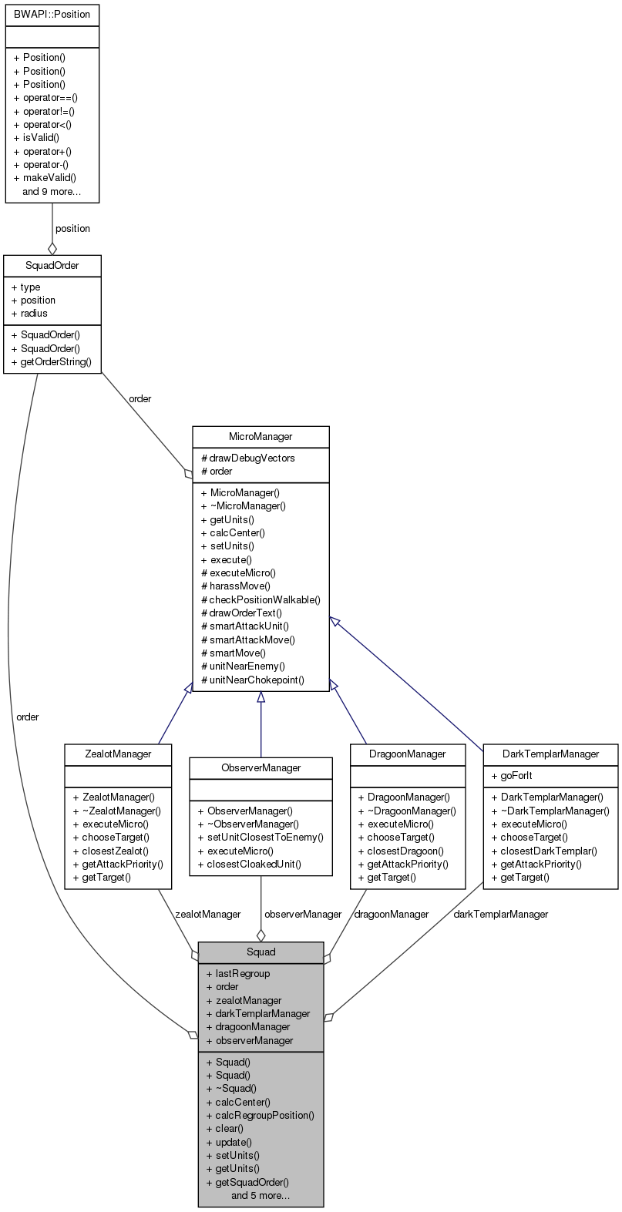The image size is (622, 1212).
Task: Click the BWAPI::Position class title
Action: (52, 14)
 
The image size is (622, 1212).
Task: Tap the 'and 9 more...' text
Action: (52, 191)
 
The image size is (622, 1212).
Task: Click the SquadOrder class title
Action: (52, 266)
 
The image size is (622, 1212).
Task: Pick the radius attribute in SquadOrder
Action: (34, 314)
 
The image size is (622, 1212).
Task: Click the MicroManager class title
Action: (261, 437)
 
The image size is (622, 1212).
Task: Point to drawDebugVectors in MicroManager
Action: (251, 458)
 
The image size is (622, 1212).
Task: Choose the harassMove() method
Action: (240, 586)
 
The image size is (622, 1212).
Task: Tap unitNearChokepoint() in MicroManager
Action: (257, 680)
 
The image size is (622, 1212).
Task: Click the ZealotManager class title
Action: (118, 754)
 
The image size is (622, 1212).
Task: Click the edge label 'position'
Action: (72, 229)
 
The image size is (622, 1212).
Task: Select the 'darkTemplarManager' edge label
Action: (501, 914)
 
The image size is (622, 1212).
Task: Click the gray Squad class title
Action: (261, 952)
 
